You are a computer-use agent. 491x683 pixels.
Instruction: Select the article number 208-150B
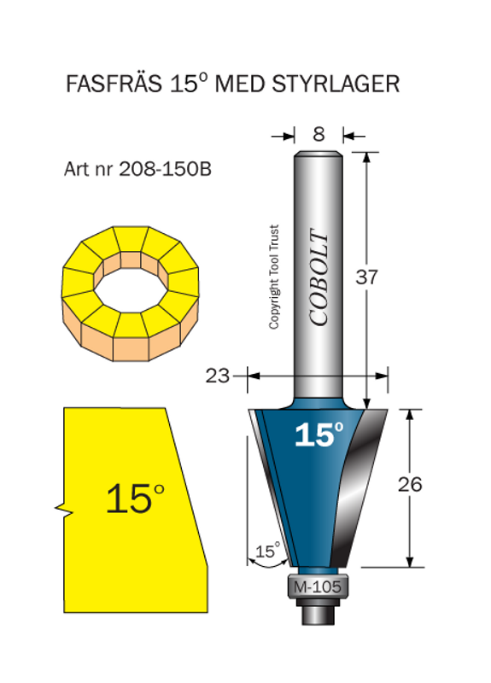coord(161,169)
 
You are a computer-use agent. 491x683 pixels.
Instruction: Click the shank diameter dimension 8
coord(319,134)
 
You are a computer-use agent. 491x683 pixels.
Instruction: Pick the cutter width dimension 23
coord(218,375)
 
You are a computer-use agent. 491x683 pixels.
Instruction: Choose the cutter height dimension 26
coord(410,484)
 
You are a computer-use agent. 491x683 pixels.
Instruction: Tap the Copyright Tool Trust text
coord(274,277)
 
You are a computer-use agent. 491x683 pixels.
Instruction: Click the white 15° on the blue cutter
coord(319,435)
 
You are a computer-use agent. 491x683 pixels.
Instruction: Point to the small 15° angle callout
coord(267,551)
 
